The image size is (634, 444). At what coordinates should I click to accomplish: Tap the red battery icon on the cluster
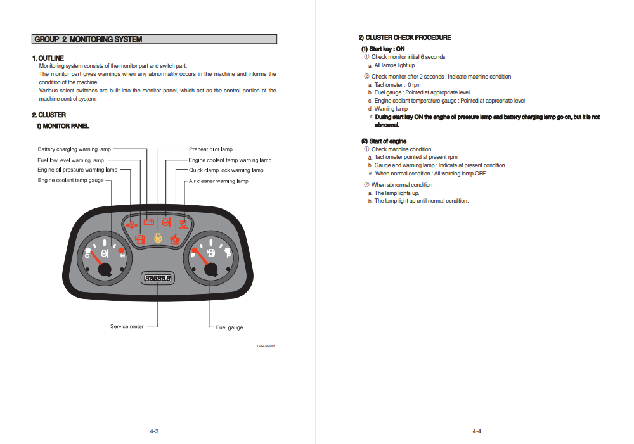pyautogui.click(x=149, y=222)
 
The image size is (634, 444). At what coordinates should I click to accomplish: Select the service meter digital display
pyautogui.click(x=158, y=279)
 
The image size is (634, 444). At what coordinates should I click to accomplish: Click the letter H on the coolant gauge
pyautogui.click(x=122, y=256)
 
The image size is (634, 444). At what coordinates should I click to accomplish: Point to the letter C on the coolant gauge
pyautogui.click(x=87, y=256)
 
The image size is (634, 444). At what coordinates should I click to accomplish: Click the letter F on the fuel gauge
pyautogui.click(x=228, y=255)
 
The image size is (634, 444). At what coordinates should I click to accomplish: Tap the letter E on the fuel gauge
pyautogui.click(x=193, y=255)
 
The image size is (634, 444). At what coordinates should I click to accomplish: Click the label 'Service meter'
pyautogui.click(x=127, y=327)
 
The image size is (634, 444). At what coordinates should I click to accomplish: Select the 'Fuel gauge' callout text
pyautogui.click(x=230, y=327)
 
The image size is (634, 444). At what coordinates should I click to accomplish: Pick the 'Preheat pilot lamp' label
pyautogui.click(x=210, y=149)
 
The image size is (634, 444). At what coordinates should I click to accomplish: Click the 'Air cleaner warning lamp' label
pyautogui.click(x=219, y=181)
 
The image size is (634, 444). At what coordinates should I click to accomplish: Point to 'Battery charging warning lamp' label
pyautogui.click(x=74, y=149)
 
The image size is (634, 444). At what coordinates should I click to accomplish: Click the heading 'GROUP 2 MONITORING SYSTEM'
pyautogui.click(x=88, y=39)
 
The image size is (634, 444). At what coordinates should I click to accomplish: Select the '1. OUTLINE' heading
pyautogui.click(x=48, y=58)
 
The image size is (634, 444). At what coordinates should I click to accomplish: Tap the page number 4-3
pyautogui.click(x=154, y=431)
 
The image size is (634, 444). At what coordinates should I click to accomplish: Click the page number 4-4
pyautogui.click(x=477, y=431)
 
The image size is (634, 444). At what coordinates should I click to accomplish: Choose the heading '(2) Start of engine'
pyautogui.click(x=384, y=141)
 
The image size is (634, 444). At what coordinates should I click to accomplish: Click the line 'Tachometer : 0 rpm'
pyautogui.click(x=397, y=85)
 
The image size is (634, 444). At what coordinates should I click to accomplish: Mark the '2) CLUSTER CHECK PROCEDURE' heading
pyautogui.click(x=405, y=38)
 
